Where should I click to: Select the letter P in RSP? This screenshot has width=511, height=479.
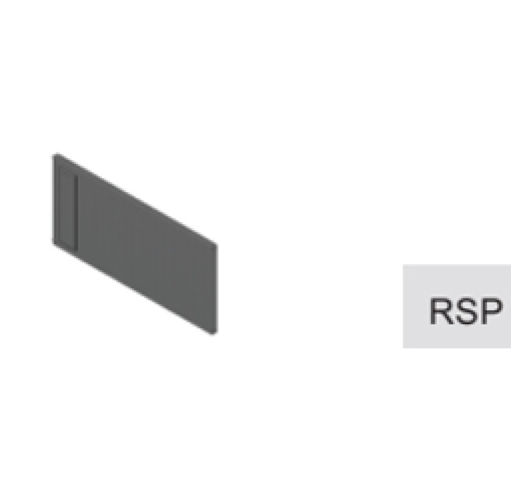pyautogui.click(x=491, y=311)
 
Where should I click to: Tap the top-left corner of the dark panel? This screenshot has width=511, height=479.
pyautogui.click(x=54, y=154)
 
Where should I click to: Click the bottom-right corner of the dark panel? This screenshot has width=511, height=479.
pyautogui.click(x=215, y=332)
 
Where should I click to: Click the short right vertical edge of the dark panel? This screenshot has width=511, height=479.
pyautogui.click(x=216, y=288)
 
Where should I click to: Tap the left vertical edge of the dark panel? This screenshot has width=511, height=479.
pyautogui.click(x=54, y=199)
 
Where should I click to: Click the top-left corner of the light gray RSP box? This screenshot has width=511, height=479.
pyautogui.click(x=403, y=265)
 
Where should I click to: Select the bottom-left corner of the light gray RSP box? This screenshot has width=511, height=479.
pyautogui.click(x=403, y=348)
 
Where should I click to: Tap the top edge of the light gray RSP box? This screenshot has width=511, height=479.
pyautogui.click(x=457, y=265)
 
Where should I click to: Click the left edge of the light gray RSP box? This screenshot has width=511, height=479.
pyautogui.click(x=403, y=307)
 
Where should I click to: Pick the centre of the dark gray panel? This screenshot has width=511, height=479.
pyautogui.click(x=135, y=244)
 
